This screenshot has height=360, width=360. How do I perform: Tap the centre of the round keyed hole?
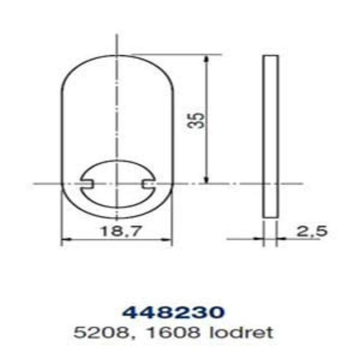pos(117,183)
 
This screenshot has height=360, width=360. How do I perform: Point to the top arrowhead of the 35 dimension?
pos(206,58)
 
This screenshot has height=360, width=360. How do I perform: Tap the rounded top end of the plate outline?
pos(117,55)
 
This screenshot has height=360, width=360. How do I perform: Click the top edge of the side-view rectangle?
pos(270,56)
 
